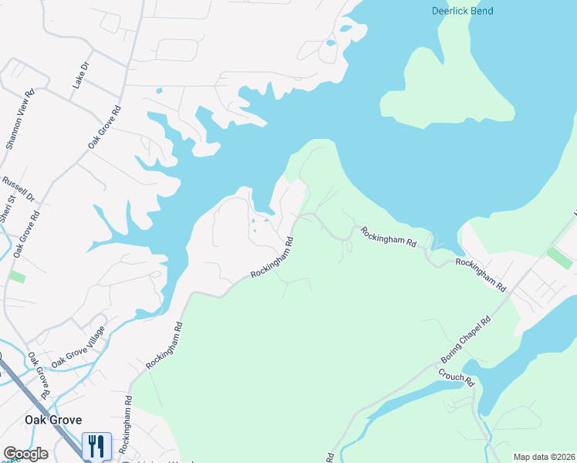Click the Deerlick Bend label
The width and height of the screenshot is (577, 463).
click(x=461, y=11)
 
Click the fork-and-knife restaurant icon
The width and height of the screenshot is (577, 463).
click(x=96, y=445)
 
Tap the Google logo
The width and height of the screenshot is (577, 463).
click(x=25, y=454)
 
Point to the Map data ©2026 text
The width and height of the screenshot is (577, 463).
click(x=544, y=457)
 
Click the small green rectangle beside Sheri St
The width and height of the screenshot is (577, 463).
click(x=17, y=276)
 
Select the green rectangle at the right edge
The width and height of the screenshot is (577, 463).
click(x=560, y=258)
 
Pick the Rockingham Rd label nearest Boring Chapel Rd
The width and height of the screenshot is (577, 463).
click(x=480, y=274)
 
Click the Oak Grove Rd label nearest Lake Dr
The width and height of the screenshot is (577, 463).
click(x=105, y=127)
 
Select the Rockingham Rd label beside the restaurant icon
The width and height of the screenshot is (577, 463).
click(x=126, y=433)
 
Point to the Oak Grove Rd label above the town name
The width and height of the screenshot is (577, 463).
click(x=40, y=377)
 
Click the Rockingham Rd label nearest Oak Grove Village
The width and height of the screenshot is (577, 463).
click(x=164, y=345)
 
